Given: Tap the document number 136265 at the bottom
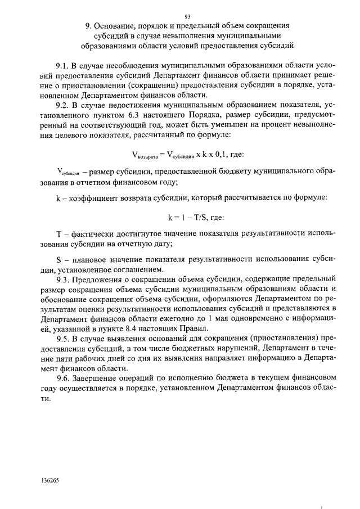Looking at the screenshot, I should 50,481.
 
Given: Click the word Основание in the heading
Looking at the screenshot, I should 119,26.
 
